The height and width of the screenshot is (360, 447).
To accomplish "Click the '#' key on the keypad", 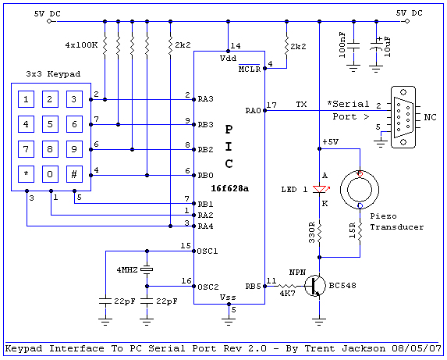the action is pos(74,174).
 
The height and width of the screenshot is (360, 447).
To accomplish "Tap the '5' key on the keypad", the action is pos(50,124).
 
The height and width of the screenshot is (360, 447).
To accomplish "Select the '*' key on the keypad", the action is pos(26,174).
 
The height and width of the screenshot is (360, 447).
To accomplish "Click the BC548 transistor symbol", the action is pos(315,286).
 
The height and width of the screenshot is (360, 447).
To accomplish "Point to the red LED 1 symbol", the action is pos(320,189).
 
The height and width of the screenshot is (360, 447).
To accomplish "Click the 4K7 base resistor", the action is pos(287,286).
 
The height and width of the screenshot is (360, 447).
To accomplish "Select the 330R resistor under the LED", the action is pos(319,232).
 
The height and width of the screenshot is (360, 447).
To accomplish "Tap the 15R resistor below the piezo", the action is pos(360,231).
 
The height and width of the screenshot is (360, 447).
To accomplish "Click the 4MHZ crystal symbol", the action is pos(147,269).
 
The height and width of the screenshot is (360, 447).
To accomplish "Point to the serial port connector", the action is pos(403,117).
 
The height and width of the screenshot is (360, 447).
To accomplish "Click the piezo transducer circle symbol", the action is pos(360,190).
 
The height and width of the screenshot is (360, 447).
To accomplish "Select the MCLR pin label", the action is pos(250,69).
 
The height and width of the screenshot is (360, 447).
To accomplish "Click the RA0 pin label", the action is pos(254,111).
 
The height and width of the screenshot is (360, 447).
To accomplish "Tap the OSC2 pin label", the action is pos(208,287).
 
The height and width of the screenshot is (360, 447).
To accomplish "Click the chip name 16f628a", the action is pos(230,188).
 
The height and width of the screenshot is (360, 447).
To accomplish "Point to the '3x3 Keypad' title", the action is pos(53,74).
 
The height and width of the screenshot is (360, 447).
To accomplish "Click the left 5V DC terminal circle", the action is pos(49,21).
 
